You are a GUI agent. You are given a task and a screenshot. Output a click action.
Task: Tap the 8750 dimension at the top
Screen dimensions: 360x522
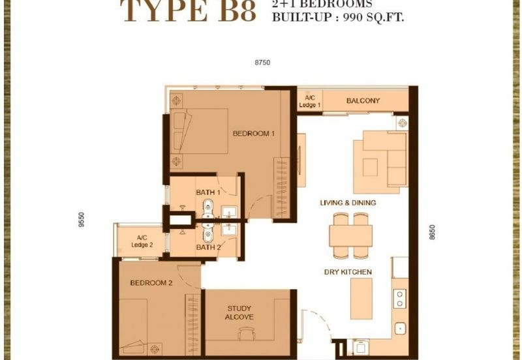262,63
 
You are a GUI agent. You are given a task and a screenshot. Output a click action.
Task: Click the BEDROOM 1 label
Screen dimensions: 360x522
254,134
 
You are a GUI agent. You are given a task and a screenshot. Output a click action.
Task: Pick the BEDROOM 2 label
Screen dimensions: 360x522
151,283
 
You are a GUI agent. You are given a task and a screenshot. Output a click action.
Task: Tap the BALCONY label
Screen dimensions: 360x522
363,100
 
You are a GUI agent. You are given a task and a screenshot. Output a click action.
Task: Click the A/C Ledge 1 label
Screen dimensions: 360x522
309,101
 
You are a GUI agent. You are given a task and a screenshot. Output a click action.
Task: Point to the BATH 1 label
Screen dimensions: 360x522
207,192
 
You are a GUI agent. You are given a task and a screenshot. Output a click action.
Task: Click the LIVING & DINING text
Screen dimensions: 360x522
347,203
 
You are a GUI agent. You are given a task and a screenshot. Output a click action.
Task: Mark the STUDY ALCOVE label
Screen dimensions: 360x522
240,312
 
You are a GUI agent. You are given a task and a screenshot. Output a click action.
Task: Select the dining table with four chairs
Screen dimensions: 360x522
350,235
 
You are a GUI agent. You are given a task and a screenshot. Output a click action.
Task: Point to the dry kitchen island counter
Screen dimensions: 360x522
360,299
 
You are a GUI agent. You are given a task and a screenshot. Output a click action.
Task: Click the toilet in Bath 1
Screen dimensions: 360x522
207,209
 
